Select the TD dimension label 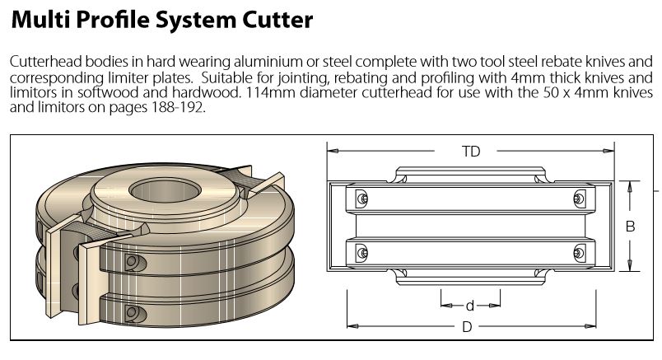point(470,151)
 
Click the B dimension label point(630,226)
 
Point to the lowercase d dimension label point(469,306)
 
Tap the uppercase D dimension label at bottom point(467,326)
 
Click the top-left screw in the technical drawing point(362,199)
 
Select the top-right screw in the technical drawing point(579,199)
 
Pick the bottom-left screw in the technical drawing point(362,252)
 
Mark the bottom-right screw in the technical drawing point(579,252)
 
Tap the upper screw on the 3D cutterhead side point(132,263)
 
